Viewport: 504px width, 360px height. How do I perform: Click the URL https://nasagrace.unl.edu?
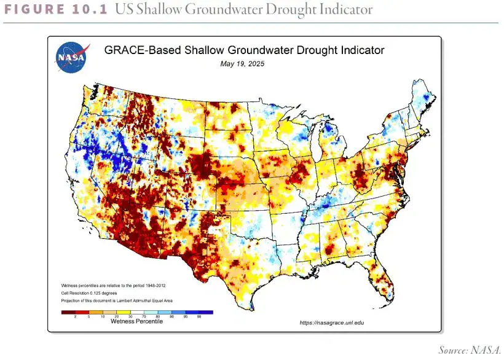(334, 323)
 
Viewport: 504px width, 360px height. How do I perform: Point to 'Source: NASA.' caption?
(470, 350)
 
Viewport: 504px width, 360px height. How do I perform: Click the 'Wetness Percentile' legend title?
(136, 321)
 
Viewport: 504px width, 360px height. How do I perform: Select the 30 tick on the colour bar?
(130, 316)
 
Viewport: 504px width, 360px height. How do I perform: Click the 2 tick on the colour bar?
(75, 316)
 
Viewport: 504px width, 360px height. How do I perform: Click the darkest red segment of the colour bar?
(68, 312)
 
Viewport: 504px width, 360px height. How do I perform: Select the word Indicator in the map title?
(359, 50)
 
